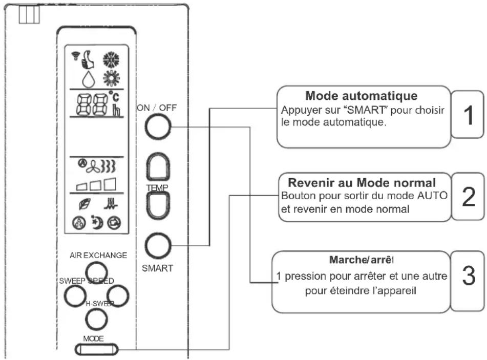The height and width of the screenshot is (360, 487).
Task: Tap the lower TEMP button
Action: [156, 207]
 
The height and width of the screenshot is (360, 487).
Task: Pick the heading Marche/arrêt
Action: [361, 260]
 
